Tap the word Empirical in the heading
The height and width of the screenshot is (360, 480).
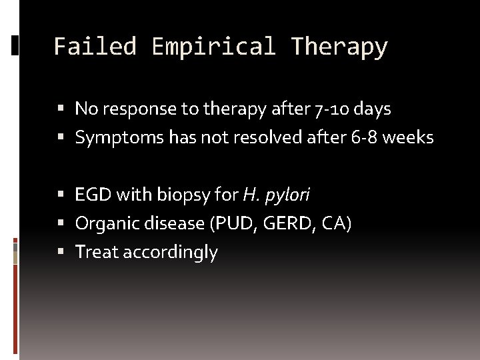click(x=213, y=47)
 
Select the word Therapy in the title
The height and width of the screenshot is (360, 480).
click(x=339, y=47)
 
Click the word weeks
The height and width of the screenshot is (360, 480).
click(x=409, y=138)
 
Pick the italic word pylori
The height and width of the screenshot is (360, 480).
click(x=287, y=195)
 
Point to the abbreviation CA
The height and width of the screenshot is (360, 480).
click(x=335, y=223)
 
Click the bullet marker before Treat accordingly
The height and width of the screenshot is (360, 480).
click(x=61, y=252)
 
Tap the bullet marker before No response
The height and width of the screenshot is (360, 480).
click(x=61, y=108)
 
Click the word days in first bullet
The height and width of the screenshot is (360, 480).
click(x=373, y=108)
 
